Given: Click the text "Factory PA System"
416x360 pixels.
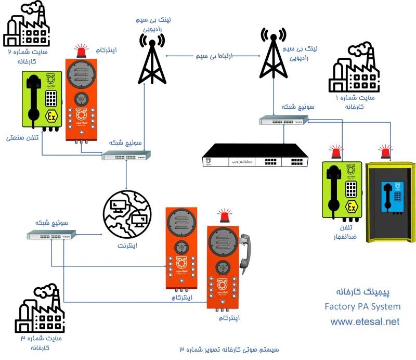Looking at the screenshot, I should click(x=362, y=306).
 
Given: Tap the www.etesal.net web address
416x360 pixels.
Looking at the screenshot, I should click(x=365, y=322).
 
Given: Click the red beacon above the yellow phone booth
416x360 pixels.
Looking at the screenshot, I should click(x=386, y=152).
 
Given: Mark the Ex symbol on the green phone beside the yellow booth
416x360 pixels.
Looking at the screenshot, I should click(x=352, y=209).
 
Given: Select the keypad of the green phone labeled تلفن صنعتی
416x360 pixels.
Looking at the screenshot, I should click(x=51, y=98).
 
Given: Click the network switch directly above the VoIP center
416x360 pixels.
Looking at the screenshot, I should click(x=283, y=121).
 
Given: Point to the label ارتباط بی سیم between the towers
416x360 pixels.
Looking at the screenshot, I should click(x=213, y=55).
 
